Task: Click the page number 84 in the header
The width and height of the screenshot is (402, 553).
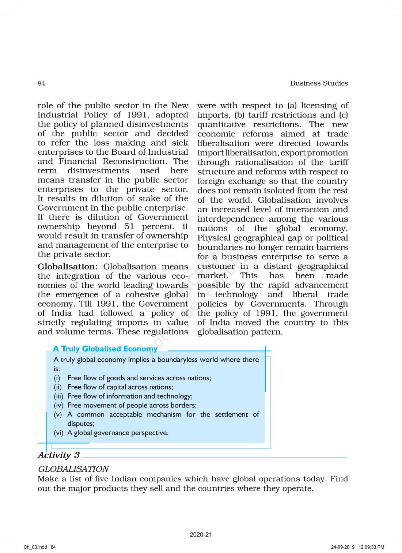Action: click(x=41, y=83)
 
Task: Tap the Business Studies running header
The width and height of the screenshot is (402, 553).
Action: click(x=319, y=83)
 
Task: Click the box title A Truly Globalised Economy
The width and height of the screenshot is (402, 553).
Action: click(x=105, y=349)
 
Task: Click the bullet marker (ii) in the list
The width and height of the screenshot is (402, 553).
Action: click(x=58, y=387)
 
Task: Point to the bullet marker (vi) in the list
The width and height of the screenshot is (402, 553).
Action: click(x=58, y=433)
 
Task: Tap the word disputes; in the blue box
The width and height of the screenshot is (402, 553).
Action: click(x=81, y=424)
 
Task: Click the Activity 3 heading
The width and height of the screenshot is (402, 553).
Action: click(x=58, y=455)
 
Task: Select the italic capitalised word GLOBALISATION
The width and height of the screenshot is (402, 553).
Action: click(x=73, y=469)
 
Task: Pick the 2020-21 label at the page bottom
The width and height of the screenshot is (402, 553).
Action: click(x=201, y=535)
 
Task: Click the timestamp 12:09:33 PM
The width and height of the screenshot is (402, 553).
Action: click(x=371, y=547)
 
